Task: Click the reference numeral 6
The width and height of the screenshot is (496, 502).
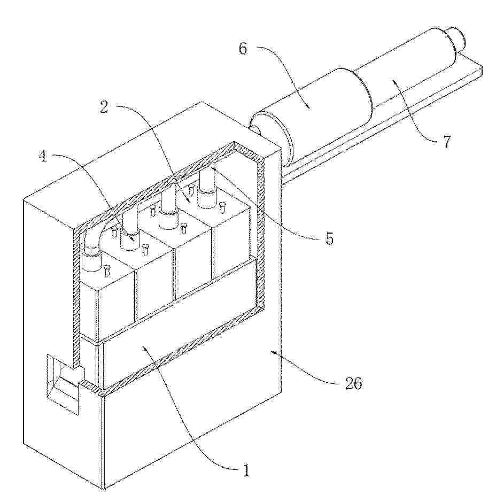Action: [243, 49]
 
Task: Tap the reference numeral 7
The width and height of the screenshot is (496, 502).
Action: [447, 141]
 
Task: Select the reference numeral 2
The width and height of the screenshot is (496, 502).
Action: [104, 107]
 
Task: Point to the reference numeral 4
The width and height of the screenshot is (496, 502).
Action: [43, 156]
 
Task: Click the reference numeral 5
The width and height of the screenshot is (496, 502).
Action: [329, 238]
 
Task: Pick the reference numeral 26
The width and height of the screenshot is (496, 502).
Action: [353, 383]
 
